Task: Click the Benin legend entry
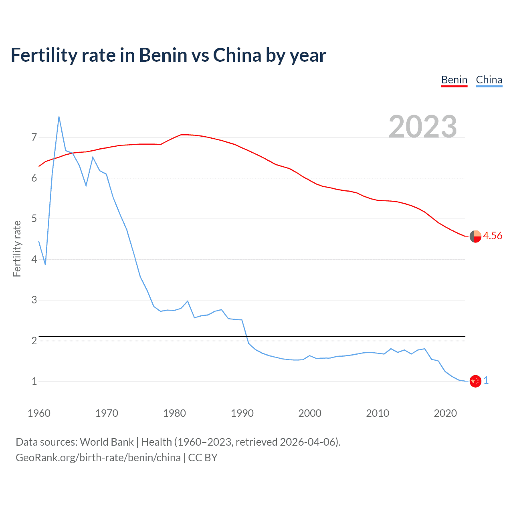tap(454, 80)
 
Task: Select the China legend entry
tap(489, 80)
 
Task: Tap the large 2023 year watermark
tap(423, 127)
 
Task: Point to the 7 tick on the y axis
tap(34, 137)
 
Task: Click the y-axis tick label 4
tap(34, 259)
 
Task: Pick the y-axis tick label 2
tap(34, 341)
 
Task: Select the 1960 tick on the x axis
tap(39, 413)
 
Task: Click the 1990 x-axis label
tap(242, 413)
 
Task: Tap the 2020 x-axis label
tap(445, 413)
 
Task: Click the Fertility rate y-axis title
tap(17, 248)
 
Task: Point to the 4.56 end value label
tap(493, 236)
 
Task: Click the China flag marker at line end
tap(475, 381)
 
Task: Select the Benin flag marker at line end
tap(475, 236)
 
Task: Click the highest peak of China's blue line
tap(59, 117)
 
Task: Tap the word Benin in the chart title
tap(163, 55)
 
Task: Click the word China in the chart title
tap(237, 55)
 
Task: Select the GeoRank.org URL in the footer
tap(98, 458)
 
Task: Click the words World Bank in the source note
tap(107, 442)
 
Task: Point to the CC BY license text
tap(203, 458)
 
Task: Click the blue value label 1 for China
tap(486, 381)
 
